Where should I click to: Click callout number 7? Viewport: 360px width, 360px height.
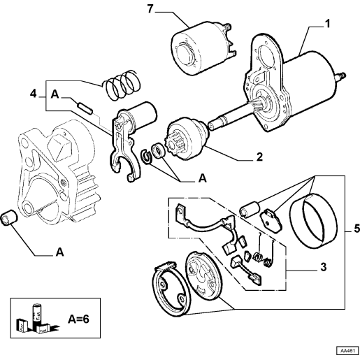click(x=150, y=9)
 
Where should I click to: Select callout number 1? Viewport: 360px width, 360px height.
click(x=327, y=24)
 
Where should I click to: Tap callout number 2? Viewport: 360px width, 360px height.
click(x=259, y=157)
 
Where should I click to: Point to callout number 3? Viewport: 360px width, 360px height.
click(x=324, y=267)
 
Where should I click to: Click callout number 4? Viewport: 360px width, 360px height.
click(x=34, y=94)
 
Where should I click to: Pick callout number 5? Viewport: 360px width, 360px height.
click(x=357, y=229)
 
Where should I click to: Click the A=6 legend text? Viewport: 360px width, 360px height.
click(x=78, y=319)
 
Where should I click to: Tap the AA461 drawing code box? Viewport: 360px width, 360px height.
click(x=347, y=350)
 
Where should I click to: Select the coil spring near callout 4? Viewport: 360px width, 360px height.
click(x=122, y=85)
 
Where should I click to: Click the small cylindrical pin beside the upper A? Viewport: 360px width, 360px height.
click(x=85, y=108)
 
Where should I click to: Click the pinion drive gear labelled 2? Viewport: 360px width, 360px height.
click(x=187, y=139)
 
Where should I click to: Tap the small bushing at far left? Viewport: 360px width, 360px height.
click(x=9, y=218)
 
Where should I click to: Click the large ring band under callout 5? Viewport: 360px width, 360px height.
click(x=313, y=220)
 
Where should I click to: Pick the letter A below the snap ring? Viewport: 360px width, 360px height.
click(x=203, y=178)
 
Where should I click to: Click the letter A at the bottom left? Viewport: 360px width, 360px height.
click(x=60, y=252)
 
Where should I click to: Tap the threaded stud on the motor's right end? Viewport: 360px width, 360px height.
click(x=342, y=76)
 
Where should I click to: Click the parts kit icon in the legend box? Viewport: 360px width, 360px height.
click(x=37, y=318)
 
